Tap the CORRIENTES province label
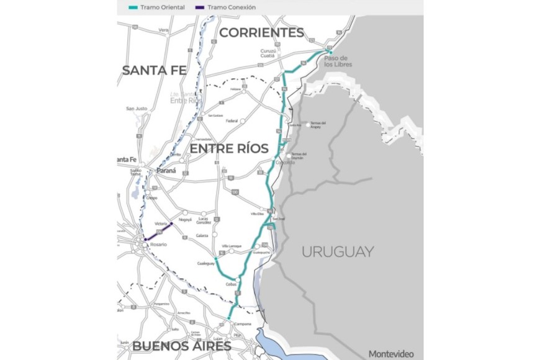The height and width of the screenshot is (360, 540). tap(261, 32)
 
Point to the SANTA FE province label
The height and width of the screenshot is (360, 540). tap(154, 70)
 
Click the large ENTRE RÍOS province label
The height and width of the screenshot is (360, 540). tap(229, 150)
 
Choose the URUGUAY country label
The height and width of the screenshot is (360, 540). tap(338, 251)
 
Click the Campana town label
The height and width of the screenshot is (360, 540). tap(243, 324)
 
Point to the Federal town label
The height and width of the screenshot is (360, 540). tap(232, 121)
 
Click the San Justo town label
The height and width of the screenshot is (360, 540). tap(137, 109)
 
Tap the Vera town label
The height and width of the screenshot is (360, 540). tap(164, 30)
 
